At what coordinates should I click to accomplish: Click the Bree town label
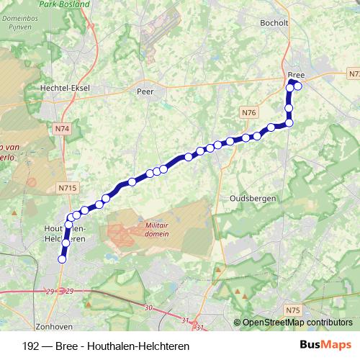[296, 75]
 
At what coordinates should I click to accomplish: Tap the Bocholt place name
[274, 22]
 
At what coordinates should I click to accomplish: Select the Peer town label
[145, 91]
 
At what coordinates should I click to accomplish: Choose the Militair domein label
[156, 229]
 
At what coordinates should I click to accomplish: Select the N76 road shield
[248, 112]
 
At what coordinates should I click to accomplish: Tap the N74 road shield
[62, 129]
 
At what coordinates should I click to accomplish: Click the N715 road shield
[68, 187]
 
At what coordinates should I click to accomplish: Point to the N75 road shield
[292, 310]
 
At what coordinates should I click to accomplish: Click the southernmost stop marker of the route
[62, 259]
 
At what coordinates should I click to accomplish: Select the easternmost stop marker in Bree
[297, 86]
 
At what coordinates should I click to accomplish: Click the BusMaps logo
[326, 345]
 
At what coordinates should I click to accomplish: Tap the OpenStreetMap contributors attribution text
[297, 323]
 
